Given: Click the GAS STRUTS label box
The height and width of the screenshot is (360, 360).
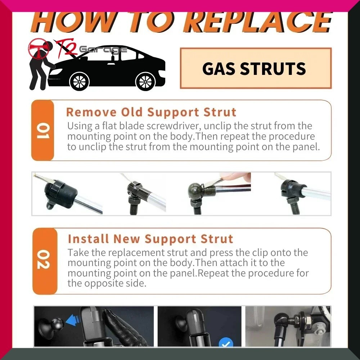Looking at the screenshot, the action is click(x=256, y=68).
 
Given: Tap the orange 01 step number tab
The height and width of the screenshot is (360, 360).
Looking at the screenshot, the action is click(x=43, y=130).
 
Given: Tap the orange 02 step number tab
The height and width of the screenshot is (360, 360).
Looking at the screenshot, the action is click(x=45, y=261).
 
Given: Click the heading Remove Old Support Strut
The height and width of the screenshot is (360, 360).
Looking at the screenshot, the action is click(x=151, y=112).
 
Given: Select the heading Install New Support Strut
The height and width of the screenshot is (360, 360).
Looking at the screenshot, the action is click(x=150, y=239).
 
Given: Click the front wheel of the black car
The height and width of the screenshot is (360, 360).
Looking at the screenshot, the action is click(x=79, y=81).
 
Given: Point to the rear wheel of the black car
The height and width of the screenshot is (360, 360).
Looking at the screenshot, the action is click(x=145, y=81).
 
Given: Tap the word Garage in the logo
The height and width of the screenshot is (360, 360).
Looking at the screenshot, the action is click(x=103, y=50).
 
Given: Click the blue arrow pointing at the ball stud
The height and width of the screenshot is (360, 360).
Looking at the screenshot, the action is click(x=73, y=320).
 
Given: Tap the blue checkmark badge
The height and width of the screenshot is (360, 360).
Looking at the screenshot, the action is click(x=226, y=342).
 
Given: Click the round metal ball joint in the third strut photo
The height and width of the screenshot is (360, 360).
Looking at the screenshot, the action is click(x=195, y=190).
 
